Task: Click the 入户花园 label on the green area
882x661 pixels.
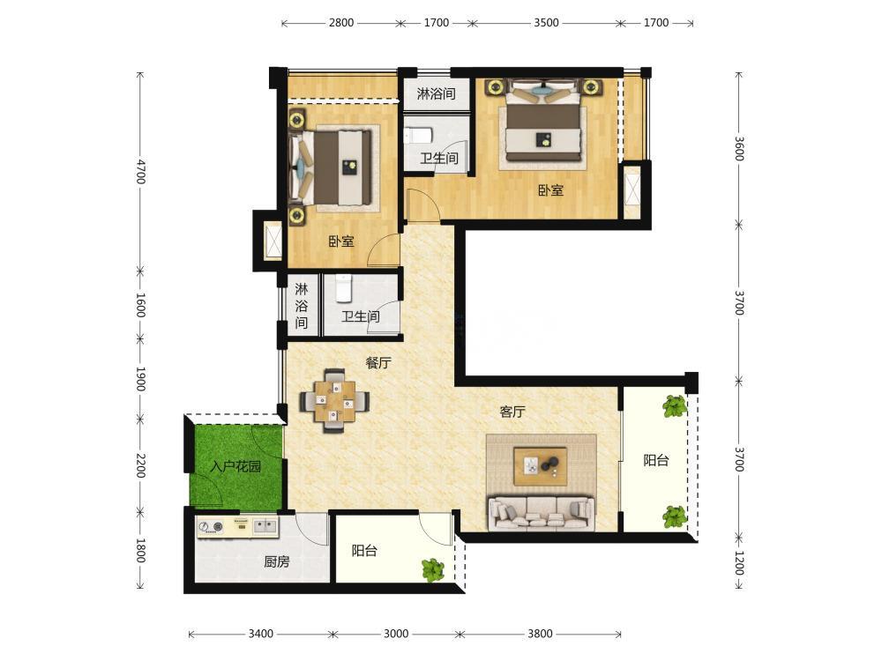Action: [235, 466]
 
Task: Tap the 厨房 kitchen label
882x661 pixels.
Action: [277, 561]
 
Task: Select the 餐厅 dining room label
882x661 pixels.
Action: [378, 362]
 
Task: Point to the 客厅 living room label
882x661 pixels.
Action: [512, 412]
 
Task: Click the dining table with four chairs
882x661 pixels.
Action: [334, 401]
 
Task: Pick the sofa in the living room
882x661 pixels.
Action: [542, 513]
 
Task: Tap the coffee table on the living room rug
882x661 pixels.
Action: [540, 465]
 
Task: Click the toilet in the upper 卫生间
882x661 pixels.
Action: [417, 136]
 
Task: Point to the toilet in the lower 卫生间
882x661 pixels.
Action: [342, 288]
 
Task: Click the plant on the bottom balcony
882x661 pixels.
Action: [432, 569]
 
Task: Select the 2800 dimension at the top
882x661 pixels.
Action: [340, 23]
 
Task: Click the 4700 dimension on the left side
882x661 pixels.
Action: [140, 172]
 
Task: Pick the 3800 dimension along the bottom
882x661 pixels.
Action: [540, 634]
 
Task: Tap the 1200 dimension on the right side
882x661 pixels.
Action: [739, 562]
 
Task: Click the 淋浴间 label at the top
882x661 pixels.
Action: [436, 93]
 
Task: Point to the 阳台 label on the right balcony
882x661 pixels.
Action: [656, 460]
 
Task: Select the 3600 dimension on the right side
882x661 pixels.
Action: [739, 148]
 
